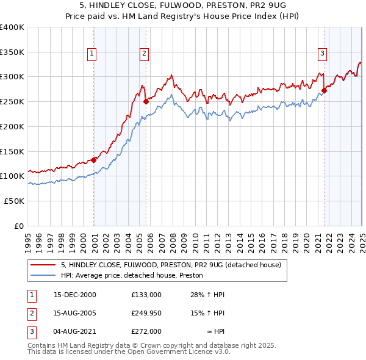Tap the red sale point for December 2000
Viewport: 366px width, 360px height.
94,160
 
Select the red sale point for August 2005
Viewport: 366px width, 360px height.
146,102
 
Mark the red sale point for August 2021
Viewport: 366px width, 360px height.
324,91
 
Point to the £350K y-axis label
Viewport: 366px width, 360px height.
12,52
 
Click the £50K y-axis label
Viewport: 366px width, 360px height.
14,201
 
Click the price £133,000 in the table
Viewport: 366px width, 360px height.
146,295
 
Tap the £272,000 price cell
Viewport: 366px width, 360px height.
146,331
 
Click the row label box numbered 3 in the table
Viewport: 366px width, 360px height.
31,331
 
